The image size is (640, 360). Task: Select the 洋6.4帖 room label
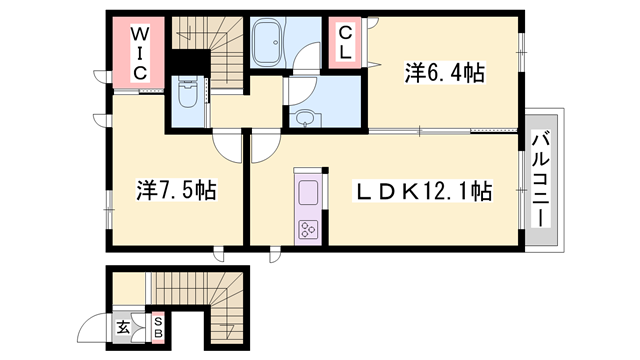(x=445, y=73)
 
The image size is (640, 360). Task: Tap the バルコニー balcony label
(x=541, y=180)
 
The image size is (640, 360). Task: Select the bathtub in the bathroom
(x=272, y=44)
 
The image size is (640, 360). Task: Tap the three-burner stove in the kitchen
(x=306, y=229)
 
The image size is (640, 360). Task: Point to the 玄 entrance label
(x=122, y=325)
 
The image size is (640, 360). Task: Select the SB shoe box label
(x=157, y=326)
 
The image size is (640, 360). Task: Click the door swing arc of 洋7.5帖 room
(x=230, y=148)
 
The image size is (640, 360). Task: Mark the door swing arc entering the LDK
(x=262, y=148)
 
